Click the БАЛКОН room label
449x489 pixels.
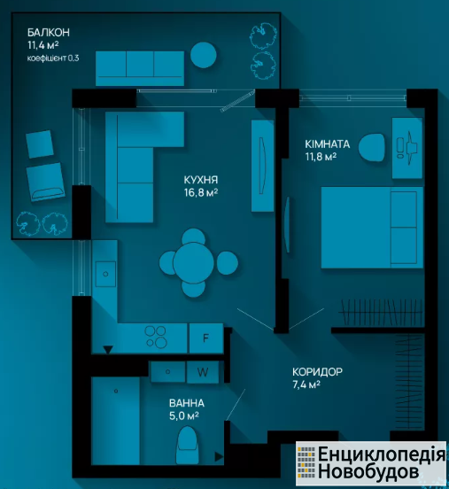(x=49, y=33)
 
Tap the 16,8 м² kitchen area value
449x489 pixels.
(x=201, y=193)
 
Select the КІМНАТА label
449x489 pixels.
(x=328, y=144)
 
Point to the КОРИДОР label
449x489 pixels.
(x=317, y=372)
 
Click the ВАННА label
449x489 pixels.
(x=187, y=403)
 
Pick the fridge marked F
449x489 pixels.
(x=206, y=338)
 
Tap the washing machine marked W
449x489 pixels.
(x=203, y=372)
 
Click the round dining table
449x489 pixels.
(x=193, y=263)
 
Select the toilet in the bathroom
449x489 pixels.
(x=187, y=446)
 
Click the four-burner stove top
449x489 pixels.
(x=156, y=337)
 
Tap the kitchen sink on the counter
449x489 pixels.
(x=105, y=274)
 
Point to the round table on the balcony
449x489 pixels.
(x=204, y=55)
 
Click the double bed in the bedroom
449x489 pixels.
(x=372, y=228)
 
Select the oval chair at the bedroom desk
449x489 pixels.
(x=371, y=148)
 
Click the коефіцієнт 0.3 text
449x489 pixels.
(x=53, y=58)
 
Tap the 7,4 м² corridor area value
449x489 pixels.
(x=306, y=384)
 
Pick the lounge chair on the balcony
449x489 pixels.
(x=45, y=182)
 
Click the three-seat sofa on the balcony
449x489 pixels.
(x=140, y=68)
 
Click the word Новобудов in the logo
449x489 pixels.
(x=368, y=471)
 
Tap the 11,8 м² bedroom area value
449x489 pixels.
(x=321, y=157)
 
